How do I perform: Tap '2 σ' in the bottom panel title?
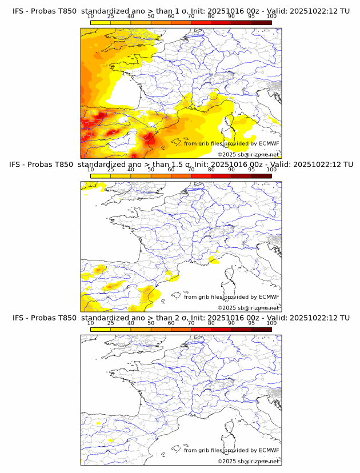click(x=169, y=318)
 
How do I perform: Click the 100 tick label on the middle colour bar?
click(x=271, y=170)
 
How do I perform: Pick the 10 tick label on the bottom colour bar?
click(x=91, y=323)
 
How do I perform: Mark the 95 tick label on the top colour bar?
click(x=251, y=17)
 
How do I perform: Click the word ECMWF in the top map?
click(x=269, y=143)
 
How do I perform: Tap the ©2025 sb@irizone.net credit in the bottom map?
click(x=248, y=461)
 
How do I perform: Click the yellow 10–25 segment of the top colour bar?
click(x=101, y=22)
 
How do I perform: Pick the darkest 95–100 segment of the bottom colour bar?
click(x=262, y=329)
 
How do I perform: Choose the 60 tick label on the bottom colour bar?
click(x=171, y=323)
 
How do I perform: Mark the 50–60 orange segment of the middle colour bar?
click(x=161, y=176)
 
